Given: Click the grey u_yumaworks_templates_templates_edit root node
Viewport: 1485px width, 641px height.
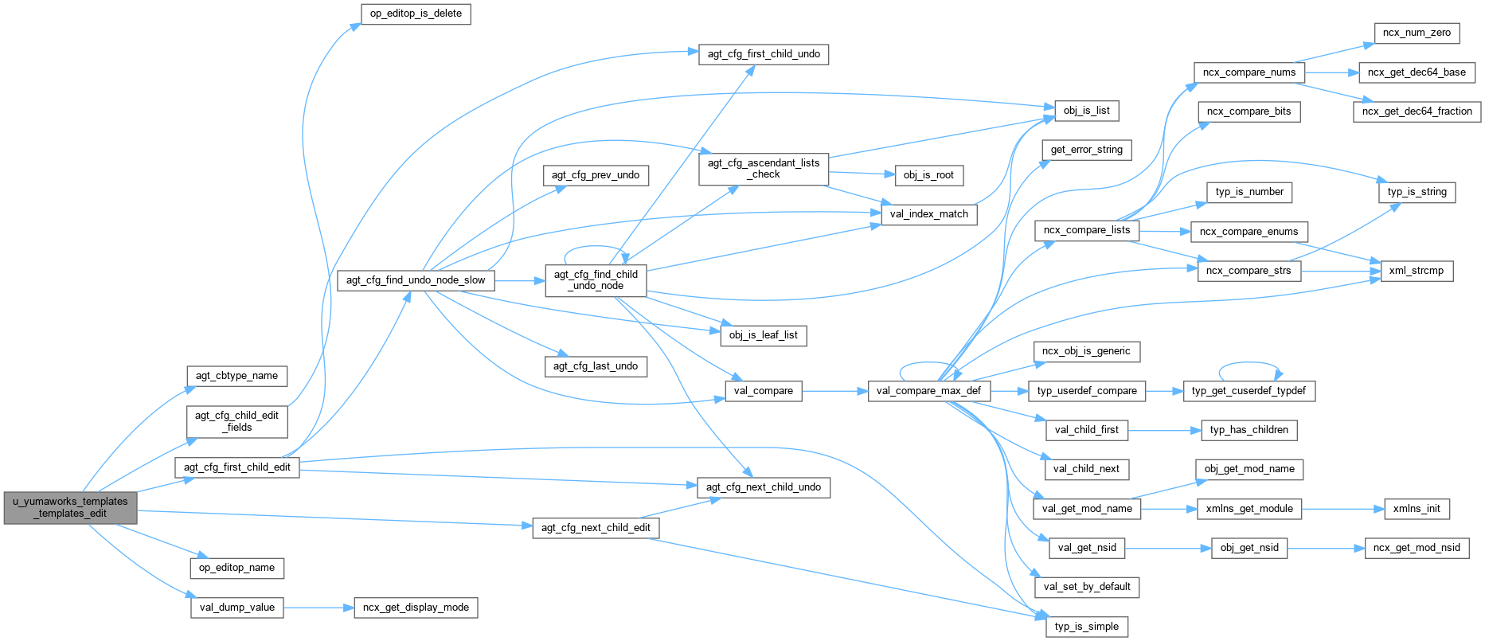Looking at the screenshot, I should pyautogui.click(x=70, y=507).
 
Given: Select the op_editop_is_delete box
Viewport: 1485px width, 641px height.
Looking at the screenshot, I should pyautogui.click(x=416, y=14).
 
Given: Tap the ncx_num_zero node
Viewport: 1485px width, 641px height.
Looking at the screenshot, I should pyautogui.click(x=1417, y=33).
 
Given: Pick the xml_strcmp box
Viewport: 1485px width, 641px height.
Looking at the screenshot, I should pyautogui.click(x=1416, y=271).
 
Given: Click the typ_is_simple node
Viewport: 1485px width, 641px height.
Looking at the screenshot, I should pyautogui.click(x=1086, y=627).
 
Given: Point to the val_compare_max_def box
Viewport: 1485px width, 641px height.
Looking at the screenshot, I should pyautogui.click(x=928, y=391).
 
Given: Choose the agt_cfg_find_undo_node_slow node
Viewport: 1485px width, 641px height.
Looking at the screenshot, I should pyautogui.click(x=416, y=280).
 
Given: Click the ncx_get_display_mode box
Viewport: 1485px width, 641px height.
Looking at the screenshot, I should pyautogui.click(x=416, y=608).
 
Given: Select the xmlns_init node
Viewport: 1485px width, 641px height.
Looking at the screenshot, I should pyautogui.click(x=1417, y=509).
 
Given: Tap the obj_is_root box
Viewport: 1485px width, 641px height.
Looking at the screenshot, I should pyautogui.click(x=928, y=175).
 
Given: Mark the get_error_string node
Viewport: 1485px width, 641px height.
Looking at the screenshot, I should pyautogui.click(x=1086, y=150).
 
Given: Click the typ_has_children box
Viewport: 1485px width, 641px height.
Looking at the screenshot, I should pyautogui.click(x=1249, y=430).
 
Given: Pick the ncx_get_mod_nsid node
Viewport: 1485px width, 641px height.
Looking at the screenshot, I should pyautogui.click(x=1417, y=548).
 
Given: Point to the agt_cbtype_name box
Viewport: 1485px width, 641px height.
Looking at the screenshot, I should pyautogui.click(x=236, y=376).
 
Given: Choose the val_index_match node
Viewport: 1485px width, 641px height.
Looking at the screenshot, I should pyautogui.click(x=928, y=214).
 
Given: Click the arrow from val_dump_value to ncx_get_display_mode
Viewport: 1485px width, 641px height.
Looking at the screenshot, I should pyautogui.click(x=318, y=608).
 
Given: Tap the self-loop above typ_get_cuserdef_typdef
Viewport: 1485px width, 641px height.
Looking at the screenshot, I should pyautogui.click(x=1249, y=364).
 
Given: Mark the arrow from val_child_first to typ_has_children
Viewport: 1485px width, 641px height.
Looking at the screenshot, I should pyautogui.click(x=1163, y=430).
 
